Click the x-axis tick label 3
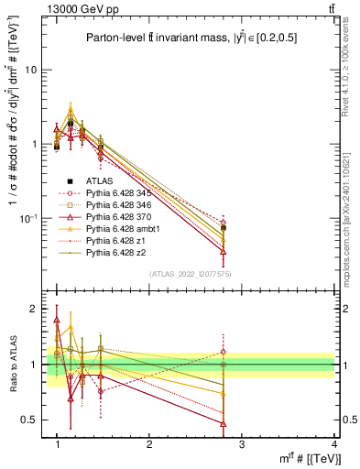[x=241, y=444]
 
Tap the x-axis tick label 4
[x=333, y=444]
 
